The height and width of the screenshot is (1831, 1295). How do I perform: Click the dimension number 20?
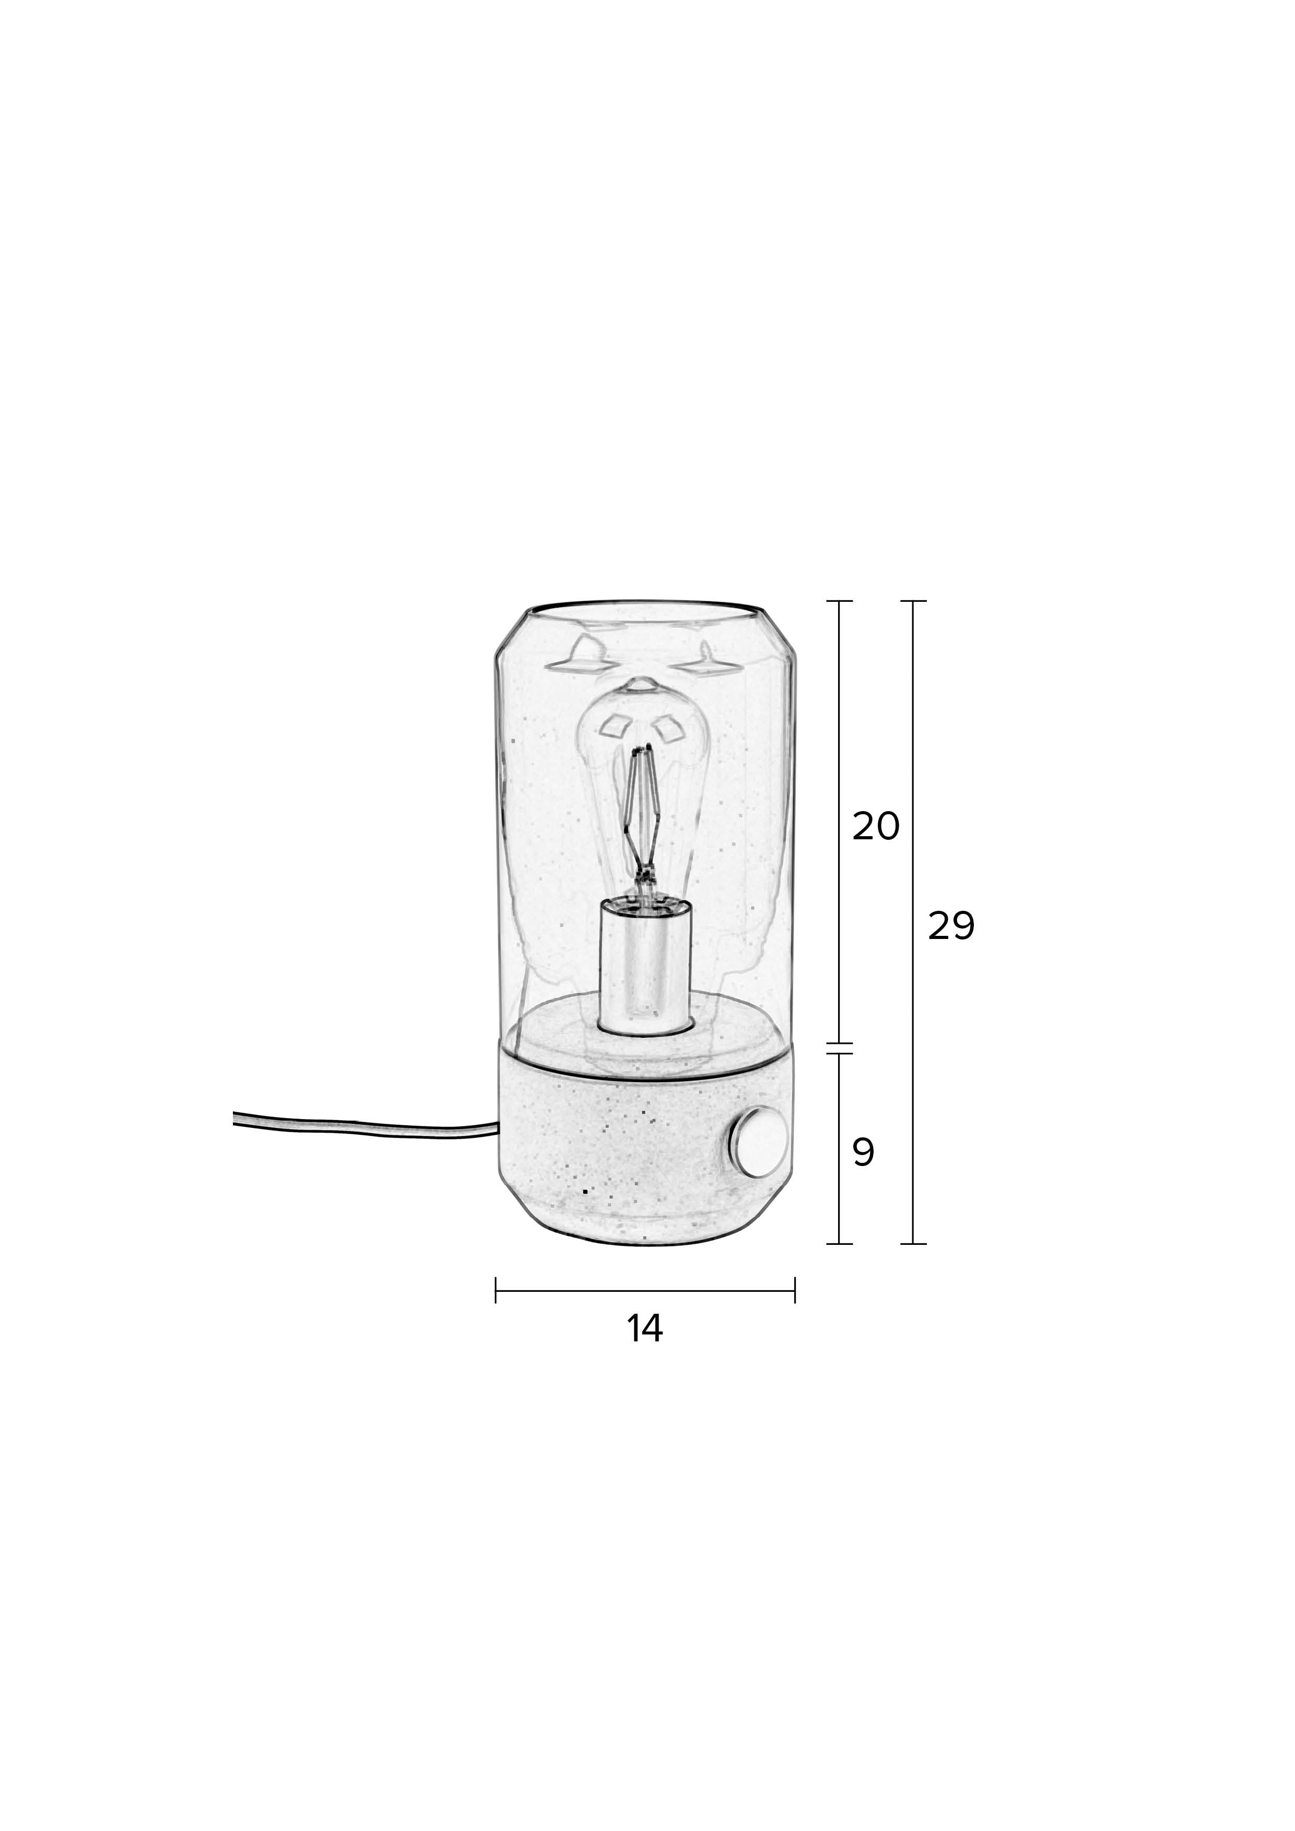pos(875,827)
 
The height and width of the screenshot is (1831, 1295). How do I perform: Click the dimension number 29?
pos(951,926)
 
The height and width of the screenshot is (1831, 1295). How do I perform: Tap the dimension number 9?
pos(863,1151)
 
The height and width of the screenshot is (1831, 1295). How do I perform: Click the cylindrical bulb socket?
pos(644,967)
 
